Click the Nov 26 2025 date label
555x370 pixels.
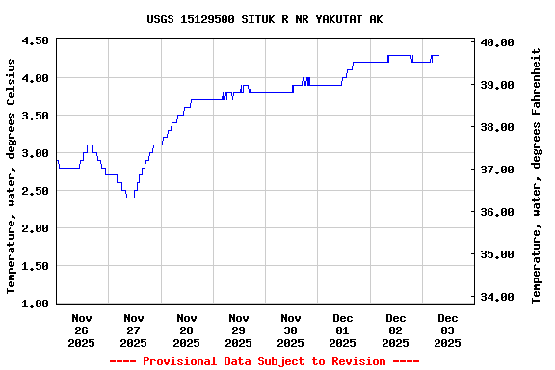pyautogui.click(x=82, y=330)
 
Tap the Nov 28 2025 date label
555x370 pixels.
pyautogui.click(x=187, y=330)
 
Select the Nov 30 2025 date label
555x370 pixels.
pyautogui.click(x=291, y=330)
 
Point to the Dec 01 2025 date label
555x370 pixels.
pyautogui.click(x=343, y=330)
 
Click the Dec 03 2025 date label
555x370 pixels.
pyautogui.click(x=448, y=330)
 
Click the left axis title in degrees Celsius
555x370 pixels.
pyautogui.click(x=12, y=174)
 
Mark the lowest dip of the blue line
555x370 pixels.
pyautogui.click(x=130, y=198)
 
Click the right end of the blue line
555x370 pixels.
pyautogui.click(x=438, y=56)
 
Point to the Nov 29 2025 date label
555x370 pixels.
pyautogui.click(x=239, y=330)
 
